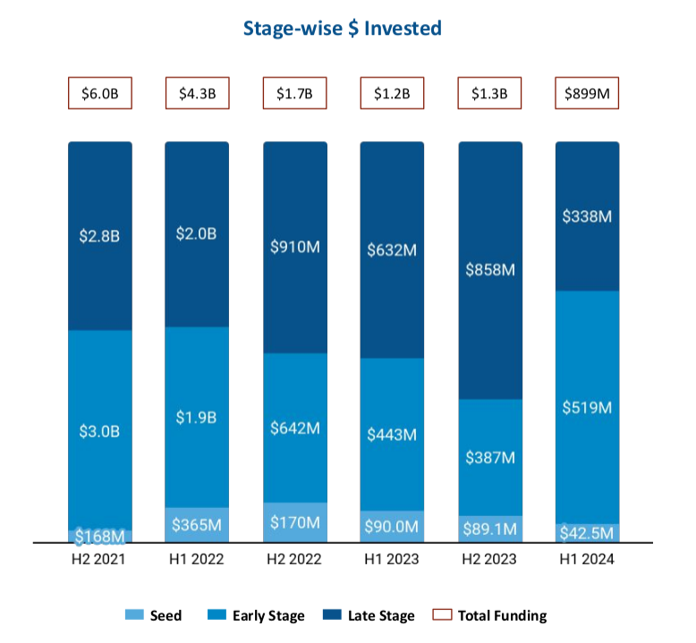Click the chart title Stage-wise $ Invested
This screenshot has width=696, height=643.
[343, 29]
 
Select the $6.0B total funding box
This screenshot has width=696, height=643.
[100, 93]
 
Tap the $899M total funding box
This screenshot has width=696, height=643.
[588, 93]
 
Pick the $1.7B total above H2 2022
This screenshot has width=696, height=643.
[295, 93]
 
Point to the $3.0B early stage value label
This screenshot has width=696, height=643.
[100, 431]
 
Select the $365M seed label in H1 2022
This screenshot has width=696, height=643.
[197, 525]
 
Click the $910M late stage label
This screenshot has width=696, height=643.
[295, 247]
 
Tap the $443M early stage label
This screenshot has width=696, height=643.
[393, 435]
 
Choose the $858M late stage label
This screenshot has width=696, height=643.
[490, 269]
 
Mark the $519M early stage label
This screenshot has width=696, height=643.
[588, 408]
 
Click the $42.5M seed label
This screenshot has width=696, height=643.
[588, 533]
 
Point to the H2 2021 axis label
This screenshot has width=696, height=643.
[100, 561]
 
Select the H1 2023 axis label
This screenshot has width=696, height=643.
[393, 561]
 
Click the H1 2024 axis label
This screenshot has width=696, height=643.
[588, 561]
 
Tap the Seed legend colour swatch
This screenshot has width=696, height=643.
[133, 615]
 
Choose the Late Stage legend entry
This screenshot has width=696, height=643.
[369, 615]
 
